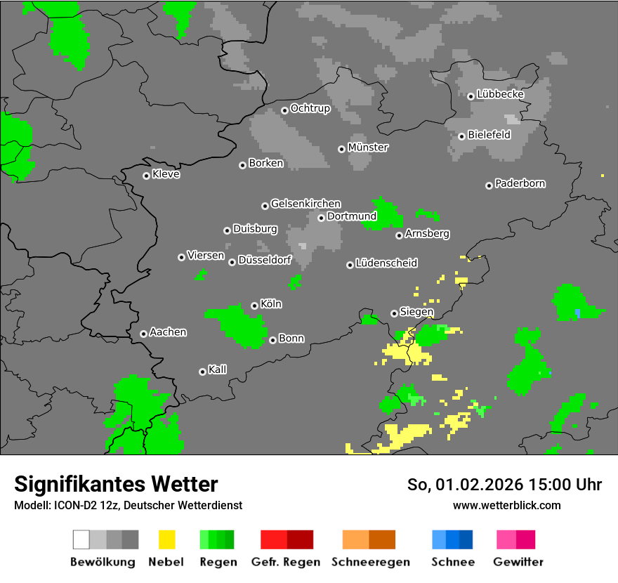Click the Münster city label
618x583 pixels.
(368, 148)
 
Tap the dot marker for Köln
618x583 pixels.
(254, 306)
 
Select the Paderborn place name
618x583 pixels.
(520, 183)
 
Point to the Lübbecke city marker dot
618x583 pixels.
(471, 96)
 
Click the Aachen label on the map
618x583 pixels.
(168, 332)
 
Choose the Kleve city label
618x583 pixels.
(166, 174)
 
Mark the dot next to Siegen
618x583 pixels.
(394, 313)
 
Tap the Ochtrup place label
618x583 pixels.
(310, 108)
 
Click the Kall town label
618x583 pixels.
(217, 369)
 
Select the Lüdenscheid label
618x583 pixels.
(386, 263)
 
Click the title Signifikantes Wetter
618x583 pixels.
(116, 484)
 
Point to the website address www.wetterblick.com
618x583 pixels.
(506, 505)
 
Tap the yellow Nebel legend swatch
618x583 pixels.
(167, 539)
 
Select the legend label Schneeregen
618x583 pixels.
(370, 562)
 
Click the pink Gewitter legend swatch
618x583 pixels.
(506, 539)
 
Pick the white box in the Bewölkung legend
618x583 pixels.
(81, 539)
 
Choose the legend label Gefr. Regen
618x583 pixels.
(286, 562)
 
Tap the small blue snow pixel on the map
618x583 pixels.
(577, 312)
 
